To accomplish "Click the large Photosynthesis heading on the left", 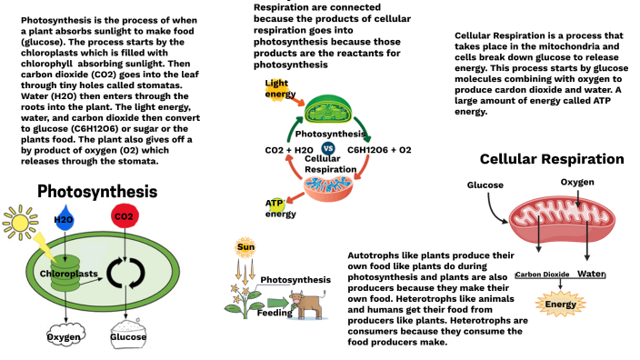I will pyautogui.click(x=96, y=192).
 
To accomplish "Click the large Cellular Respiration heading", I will pyautogui.click(x=552, y=159).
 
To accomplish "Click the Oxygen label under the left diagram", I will pyautogui.click(x=65, y=336).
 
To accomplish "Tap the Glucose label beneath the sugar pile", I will pyautogui.click(x=128, y=336).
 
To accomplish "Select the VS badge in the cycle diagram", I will pyautogui.click(x=328, y=149).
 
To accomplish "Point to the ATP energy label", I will pyautogui.click(x=280, y=207).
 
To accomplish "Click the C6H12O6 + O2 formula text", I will pyautogui.click(x=379, y=149).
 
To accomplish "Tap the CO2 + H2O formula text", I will pyautogui.click(x=289, y=149).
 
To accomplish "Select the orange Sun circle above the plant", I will pyautogui.click(x=245, y=247).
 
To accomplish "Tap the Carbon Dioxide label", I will pyautogui.click(x=543, y=274).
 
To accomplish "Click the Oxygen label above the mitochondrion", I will pyautogui.click(x=576, y=182).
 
